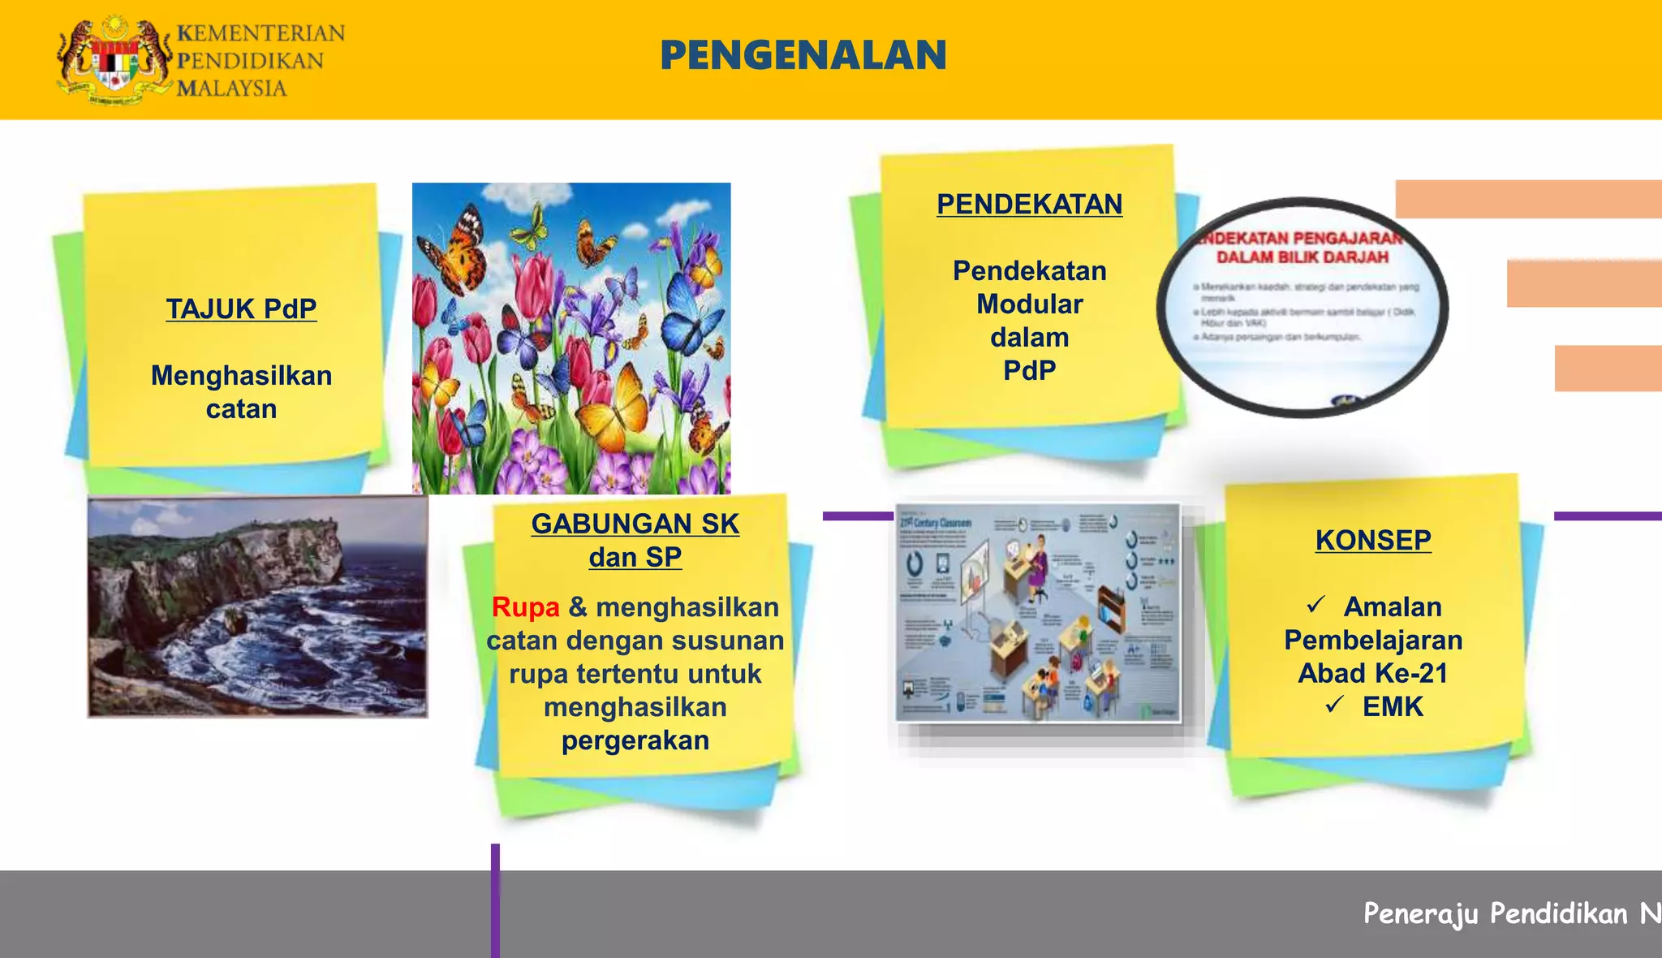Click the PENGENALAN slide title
point(803,55)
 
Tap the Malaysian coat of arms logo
point(114,61)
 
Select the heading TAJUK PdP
point(241,309)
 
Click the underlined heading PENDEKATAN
point(1029,205)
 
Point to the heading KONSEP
point(1373,541)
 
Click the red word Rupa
point(526,607)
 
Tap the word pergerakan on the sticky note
point(635,740)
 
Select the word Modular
point(1029,304)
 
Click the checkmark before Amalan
point(1316,606)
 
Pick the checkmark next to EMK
point(1335,706)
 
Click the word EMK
point(1393,707)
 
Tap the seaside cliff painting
point(257,607)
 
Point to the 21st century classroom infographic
point(1038,613)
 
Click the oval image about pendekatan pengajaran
point(1302,307)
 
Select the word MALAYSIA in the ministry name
point(232,88)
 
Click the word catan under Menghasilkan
point(241,409)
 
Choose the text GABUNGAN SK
point(635,524)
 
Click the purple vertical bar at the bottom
point(495,901)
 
